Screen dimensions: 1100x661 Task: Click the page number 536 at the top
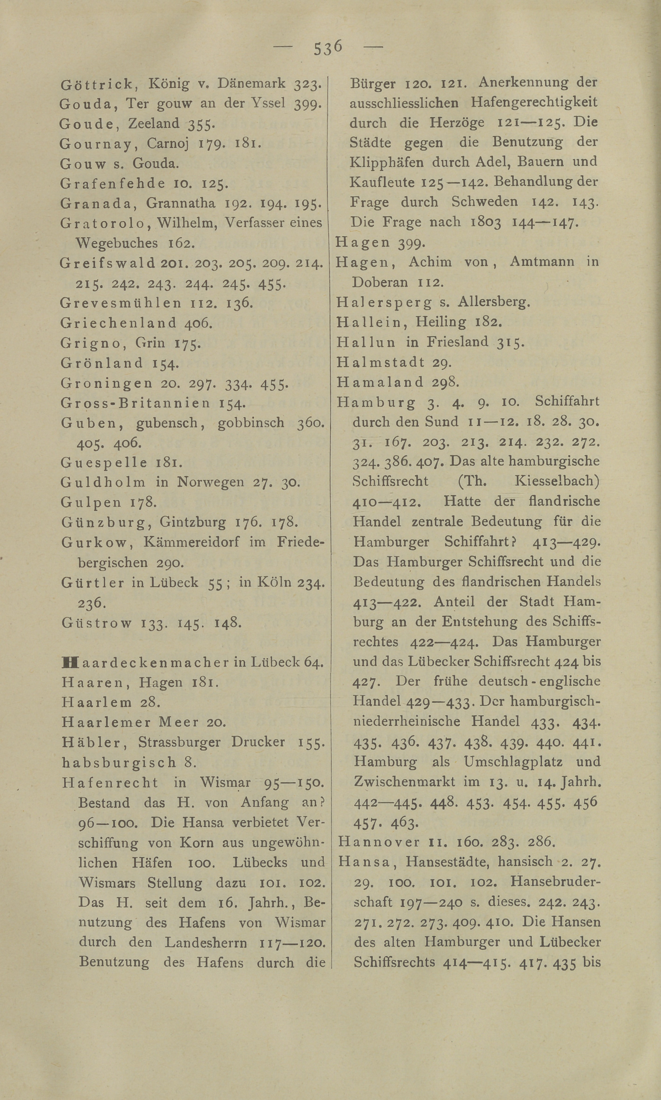(x=328, y=47)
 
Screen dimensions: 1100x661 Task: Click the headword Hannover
(x=379, y=842)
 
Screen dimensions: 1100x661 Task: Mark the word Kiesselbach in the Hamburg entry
(x=557, y=481)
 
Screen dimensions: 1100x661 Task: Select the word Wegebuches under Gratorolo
(x=117, y=243)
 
